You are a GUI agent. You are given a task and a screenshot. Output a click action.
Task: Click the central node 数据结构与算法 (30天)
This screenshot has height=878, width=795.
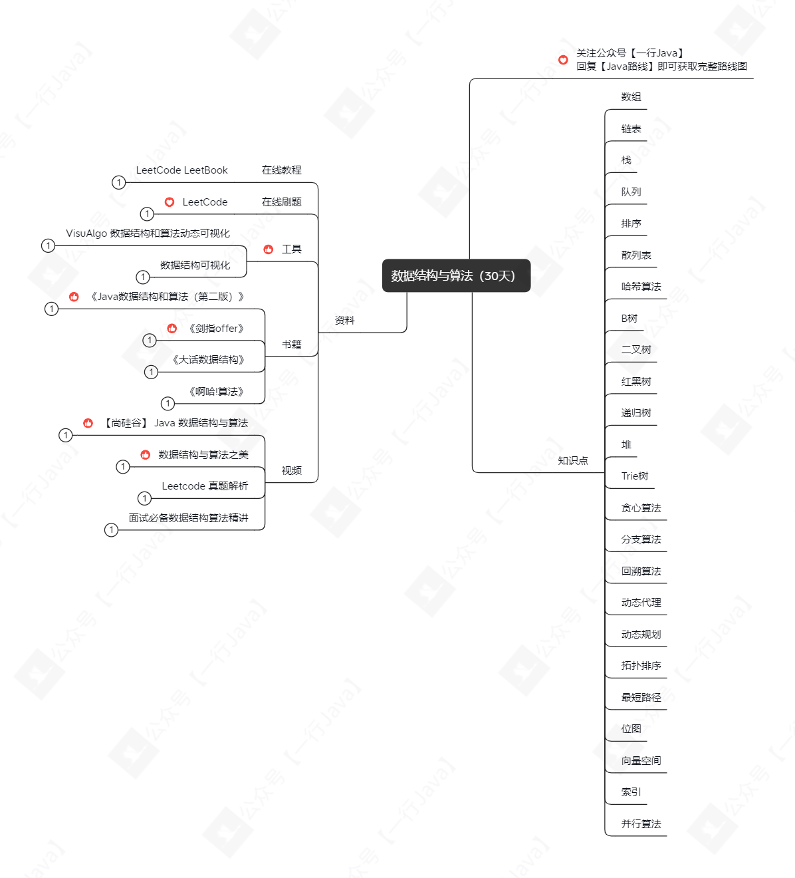pos(456,275)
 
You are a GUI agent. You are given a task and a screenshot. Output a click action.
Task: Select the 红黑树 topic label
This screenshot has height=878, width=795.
pos(635,381)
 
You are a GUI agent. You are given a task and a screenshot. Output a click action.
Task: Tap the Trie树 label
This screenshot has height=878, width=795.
pos(634,476)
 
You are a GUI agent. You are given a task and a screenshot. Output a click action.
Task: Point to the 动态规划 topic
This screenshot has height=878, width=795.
pos(641,634)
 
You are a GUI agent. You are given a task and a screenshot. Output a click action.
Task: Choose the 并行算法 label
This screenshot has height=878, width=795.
pos(641,823)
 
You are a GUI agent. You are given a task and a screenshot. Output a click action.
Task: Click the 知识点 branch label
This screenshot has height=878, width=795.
pos(573,460)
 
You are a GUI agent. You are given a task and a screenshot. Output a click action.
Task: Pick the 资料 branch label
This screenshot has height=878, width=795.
pos(344,321)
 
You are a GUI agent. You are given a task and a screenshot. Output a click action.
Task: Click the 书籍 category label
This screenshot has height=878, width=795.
pos(291,345)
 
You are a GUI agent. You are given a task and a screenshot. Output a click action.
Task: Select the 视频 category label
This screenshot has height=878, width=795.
pos(291,470)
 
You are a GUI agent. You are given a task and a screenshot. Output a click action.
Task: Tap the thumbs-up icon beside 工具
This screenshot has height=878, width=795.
pos(268,249)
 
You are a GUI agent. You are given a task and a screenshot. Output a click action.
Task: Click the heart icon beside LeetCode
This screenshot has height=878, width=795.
pos(170,202)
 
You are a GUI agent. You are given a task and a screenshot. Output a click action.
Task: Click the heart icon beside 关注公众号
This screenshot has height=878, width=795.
pos(563,60)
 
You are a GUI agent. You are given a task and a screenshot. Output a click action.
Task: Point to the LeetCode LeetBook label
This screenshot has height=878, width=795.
pos(181,170)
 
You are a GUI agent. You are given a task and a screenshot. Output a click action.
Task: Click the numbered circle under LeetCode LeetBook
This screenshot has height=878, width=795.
pos(118,182)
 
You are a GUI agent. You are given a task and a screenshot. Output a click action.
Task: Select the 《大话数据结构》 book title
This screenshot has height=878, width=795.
pos(208,359)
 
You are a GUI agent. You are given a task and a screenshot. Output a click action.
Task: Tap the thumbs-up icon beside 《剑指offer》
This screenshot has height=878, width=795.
pos(172,329)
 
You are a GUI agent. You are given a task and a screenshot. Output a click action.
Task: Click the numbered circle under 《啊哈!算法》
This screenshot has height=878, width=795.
pos(168,403)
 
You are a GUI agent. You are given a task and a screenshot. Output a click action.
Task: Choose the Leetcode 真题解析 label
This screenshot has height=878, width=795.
pos(205,486)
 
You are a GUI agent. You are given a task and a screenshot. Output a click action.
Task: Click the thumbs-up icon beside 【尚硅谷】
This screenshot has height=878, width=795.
pos(88,423)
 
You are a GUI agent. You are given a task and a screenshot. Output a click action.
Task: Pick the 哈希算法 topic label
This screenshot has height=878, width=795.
pos(641,286)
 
